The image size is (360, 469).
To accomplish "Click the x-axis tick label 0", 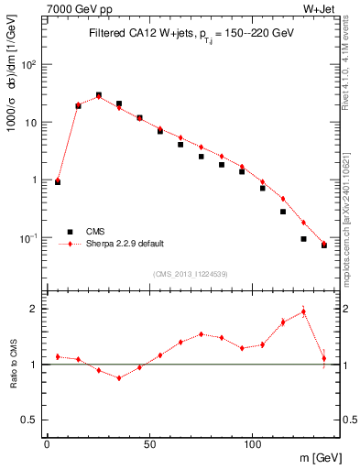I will (x=47, y=442).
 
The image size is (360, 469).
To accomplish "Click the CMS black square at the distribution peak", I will (x=99, y=95).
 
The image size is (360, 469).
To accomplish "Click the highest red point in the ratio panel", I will (x=303, y=311).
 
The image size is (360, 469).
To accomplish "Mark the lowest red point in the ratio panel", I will (x=119, y=377).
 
